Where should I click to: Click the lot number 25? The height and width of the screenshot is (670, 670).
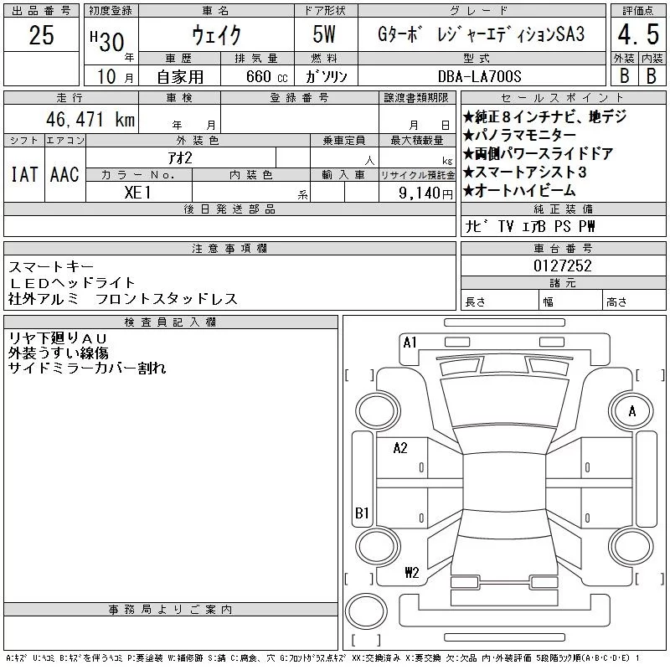click(x=41, y=35)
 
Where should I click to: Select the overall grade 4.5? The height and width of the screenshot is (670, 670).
click(x=636, y=36)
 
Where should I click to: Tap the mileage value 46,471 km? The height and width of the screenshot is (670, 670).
click(x=84, y=119)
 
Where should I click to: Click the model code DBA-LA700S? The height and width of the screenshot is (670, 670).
click(x=533, y=75)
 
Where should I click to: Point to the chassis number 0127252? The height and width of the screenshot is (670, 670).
click(x=563, y=265)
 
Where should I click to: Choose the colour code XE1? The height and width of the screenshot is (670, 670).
click(x=139, y=191)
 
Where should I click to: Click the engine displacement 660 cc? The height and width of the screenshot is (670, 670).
click(x=255, y=76)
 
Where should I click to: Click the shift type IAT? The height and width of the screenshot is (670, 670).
click(x=23, y=174)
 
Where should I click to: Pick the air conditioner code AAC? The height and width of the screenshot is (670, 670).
click(x=64, y=174)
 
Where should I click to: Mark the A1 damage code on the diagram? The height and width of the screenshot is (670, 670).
click(x=410, y=342)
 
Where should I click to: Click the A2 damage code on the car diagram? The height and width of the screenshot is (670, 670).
click(x=400, y=448)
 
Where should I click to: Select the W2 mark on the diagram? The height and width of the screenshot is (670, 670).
click(x=411, y=573)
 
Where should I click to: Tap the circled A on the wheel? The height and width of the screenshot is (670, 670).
click(x=632, y=410)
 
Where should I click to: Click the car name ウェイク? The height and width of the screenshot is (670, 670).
click(x=217, y=35)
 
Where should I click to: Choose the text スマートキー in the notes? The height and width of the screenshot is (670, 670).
click(x=46, y=266)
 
